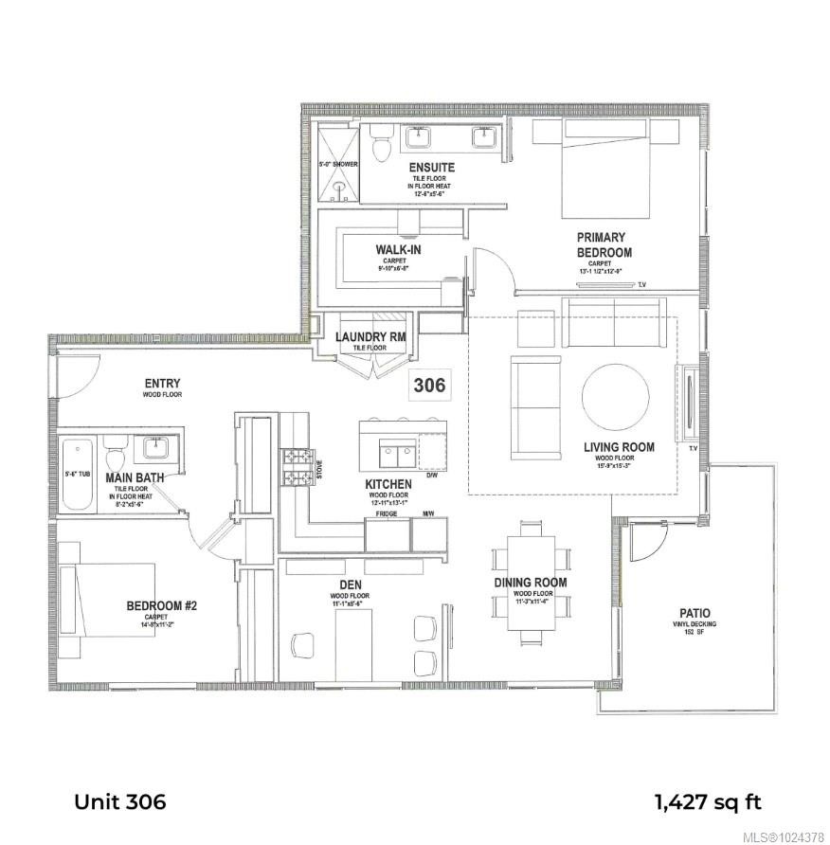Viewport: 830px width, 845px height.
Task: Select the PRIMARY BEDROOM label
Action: [604, 244]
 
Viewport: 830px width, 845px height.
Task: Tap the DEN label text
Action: [336, 586]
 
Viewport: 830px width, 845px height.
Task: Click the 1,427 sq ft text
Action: [707, 801]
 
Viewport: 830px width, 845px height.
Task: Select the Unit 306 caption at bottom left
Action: [120, 801]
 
